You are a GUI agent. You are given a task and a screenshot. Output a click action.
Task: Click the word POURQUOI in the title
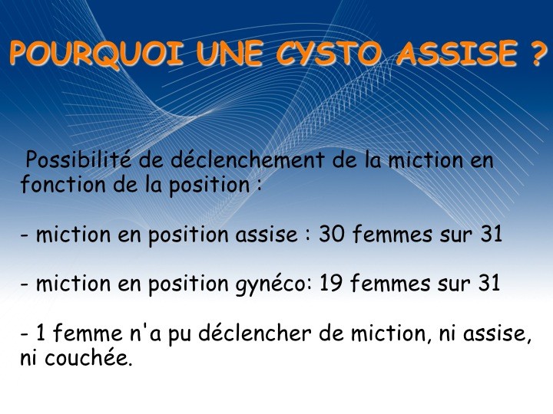click(x=96, y=53)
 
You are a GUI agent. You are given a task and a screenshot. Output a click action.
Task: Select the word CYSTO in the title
click(x=329, y=53)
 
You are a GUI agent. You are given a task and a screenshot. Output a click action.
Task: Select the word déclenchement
click(x=247, y=159)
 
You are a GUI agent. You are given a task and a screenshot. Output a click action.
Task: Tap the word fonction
click(x=63, y=185)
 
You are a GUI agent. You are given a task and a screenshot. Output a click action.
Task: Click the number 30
click(x=331, y=234)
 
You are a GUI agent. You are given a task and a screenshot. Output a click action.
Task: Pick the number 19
click(x=330, y=283)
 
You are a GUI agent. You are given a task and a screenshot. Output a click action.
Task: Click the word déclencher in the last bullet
click(x=255, y=333)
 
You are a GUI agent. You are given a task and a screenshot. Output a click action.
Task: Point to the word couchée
click(x=88, y=358)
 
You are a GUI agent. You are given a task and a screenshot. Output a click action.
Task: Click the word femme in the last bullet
click(x=88, y=333)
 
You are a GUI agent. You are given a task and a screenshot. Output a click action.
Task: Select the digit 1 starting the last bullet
click(x=41, y=333)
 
